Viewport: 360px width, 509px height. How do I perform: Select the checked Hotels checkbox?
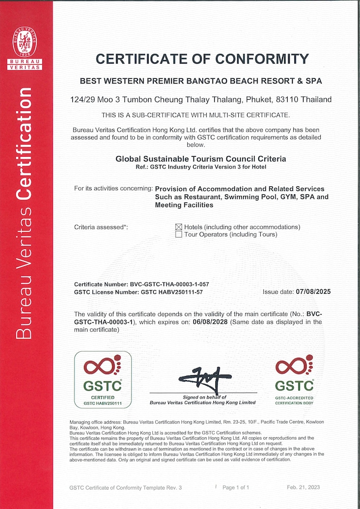179,227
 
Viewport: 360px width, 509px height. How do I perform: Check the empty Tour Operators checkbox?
179,235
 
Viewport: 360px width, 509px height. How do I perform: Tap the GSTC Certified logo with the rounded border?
103,380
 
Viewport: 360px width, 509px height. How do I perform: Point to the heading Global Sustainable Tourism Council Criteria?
201,159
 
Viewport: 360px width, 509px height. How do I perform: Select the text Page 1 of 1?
236,488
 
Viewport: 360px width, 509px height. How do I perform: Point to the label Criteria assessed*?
101,227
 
